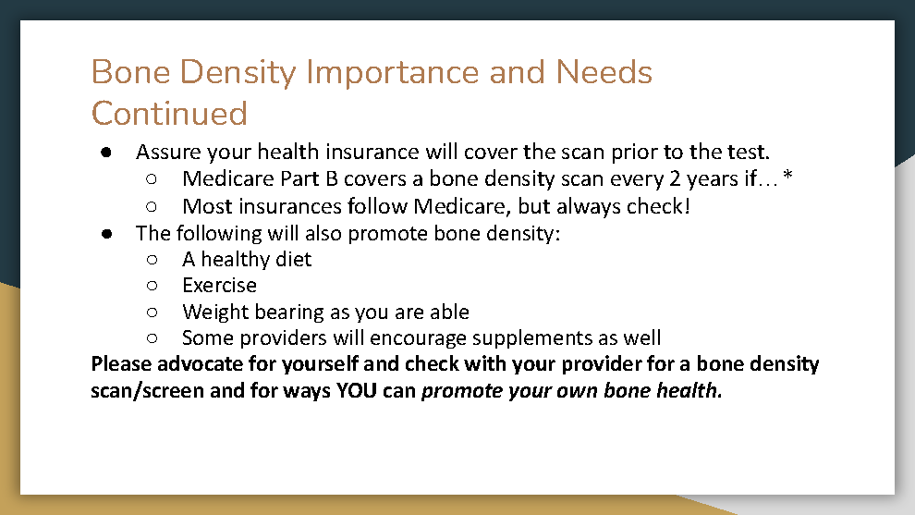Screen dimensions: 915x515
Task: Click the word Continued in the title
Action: point(169,114)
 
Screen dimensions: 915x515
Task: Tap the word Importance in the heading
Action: point(393,73)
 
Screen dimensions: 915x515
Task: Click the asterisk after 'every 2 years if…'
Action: point(787,175)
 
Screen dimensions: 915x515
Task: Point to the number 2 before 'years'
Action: point(675,178)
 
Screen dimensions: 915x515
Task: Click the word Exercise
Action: point(219,285)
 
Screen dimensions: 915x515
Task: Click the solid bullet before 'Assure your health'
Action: point(106,153)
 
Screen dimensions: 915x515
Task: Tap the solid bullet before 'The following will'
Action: point(106,234)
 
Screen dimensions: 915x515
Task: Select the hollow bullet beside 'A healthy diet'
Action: point(152,260)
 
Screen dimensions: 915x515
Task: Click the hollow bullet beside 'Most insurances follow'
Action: point(152,207)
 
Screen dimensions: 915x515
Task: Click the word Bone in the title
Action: point(130,73)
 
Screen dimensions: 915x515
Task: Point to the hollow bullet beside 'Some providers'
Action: point(152,338)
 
